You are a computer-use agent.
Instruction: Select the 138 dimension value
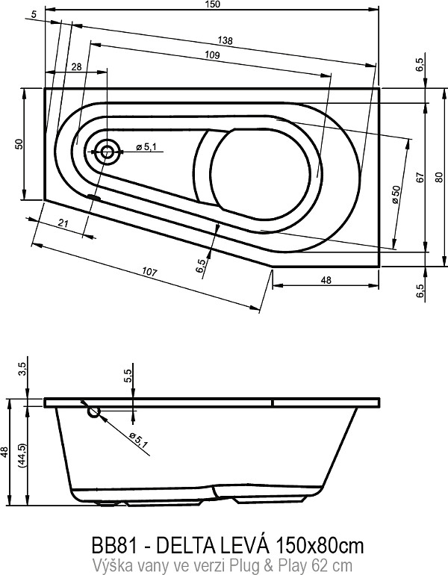click(x=225, y=40)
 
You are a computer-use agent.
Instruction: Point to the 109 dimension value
click(x=212, y=55)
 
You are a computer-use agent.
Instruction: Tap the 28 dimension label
click(x=77, y=67)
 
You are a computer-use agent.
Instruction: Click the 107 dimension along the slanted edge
click(x=149, y=273)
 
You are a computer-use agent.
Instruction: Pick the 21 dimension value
click(x=63, y=223)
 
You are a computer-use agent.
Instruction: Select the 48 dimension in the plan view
click(x=326, y=280)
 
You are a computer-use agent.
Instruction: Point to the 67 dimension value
click(x=420, y=178)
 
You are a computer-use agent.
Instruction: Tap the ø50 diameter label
click(x=396, y=194)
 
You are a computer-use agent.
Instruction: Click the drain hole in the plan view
click(x=107, y=152)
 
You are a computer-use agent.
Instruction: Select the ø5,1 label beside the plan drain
click(x=146, y=147)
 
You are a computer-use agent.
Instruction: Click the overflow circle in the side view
click(x=94, y=411)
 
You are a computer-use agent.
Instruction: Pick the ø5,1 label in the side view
click(x=138, y=440)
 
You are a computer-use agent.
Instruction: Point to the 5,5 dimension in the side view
click(x=128, y=376)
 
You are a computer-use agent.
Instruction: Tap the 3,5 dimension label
click(x=22, y=369)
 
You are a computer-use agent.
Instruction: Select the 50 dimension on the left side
click(x=19, y=143)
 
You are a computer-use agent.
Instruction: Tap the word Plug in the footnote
click(x=252, y=565)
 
